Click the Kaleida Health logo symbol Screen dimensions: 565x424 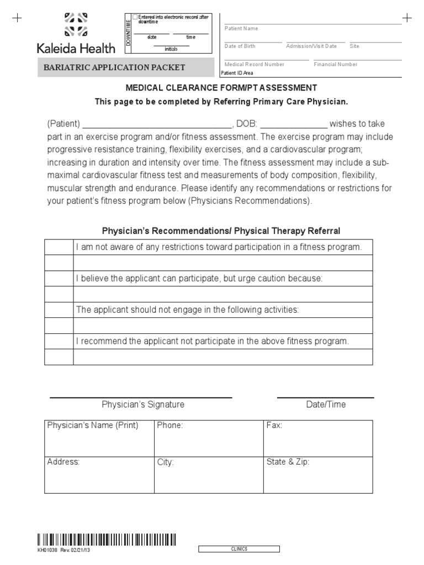76,24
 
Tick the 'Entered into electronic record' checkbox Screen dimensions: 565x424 135,18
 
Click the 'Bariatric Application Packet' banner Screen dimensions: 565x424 115,67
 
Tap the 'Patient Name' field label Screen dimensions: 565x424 241,29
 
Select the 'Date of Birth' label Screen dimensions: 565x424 240,46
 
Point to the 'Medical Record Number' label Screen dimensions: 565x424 254,65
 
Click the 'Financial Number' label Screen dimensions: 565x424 335,65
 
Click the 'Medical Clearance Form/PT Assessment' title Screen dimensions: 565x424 221,88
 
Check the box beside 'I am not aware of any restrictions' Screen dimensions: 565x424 59,247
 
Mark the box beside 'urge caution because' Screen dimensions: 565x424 59,279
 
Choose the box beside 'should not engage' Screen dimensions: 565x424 59,310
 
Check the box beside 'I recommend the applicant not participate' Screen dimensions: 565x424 59,342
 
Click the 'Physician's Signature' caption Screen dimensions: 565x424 143,404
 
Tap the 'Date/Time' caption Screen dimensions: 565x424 326,404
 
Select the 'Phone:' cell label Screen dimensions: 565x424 170,425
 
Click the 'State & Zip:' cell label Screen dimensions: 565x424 288,462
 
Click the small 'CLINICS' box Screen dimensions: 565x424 239,549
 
